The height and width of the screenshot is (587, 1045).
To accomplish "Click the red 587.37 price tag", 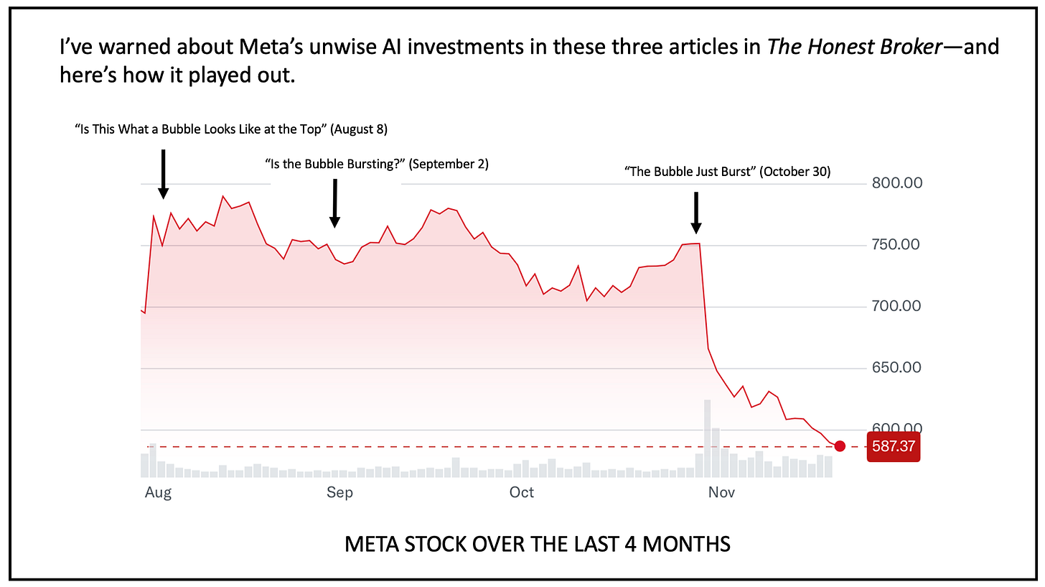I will (x=893, y=446).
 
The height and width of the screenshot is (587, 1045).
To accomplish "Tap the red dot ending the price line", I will (x=840, y=446).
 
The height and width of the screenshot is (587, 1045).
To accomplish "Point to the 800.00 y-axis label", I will (x=896, y=183).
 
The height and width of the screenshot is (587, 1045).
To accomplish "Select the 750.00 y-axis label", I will (x=896, y=245).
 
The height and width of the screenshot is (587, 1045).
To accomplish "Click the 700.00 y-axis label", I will (x=896, y=307).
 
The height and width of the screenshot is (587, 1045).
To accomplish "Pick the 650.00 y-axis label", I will (x=896, y=369).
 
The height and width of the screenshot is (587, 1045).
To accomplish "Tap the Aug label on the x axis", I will (x=158, y=493).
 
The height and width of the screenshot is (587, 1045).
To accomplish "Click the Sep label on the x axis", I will (x=339, y=493).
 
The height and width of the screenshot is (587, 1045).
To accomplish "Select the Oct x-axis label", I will (x=522, y=493).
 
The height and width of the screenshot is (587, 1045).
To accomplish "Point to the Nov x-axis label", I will (x=721, y=493).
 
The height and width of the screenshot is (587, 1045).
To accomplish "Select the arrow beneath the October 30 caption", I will (x=695, y=212).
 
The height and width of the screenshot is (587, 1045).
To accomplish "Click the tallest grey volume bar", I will (x=707, y=438).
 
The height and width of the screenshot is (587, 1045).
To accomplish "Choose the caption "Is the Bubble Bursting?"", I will (x=335, y=164).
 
